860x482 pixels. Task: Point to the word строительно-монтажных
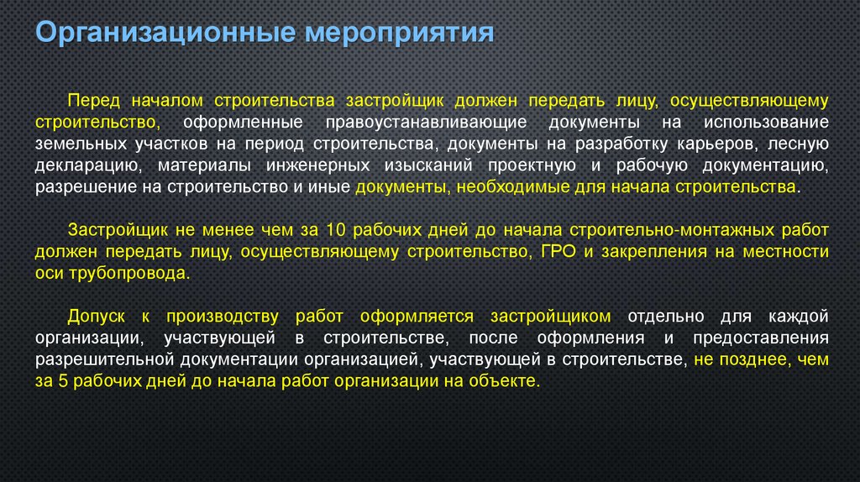[657, 229]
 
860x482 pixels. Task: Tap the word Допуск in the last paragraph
[97, 316]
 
